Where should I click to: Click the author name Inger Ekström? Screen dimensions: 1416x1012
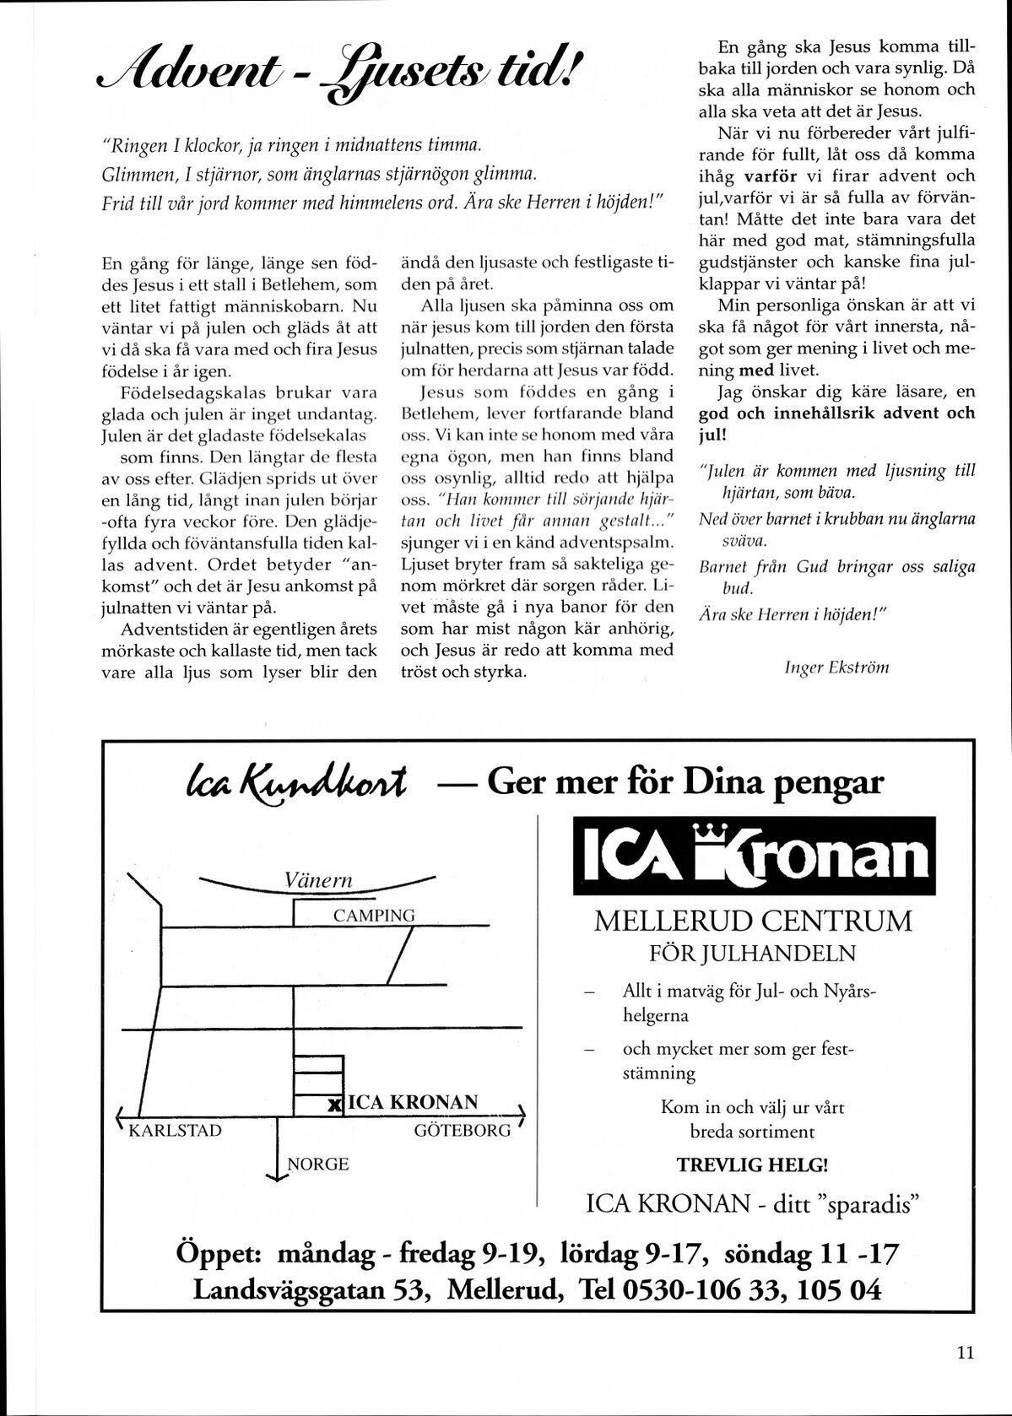coord(836,667)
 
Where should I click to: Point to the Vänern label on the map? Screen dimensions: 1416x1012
coord(318,881)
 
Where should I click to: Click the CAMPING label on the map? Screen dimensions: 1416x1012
coord(374,916)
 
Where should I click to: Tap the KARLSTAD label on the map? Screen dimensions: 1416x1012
coord(175,1131)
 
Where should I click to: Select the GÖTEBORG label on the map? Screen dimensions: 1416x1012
coord(463,1131)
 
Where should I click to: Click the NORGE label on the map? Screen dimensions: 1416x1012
coord(318,1165)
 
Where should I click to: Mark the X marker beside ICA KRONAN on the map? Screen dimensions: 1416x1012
coord(335,1104)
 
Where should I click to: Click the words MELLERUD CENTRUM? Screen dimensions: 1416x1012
coord(753,921)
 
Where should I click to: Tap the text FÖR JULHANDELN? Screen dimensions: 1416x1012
coord(752,954)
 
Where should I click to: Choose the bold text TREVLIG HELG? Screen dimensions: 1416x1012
coord(752,1165)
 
